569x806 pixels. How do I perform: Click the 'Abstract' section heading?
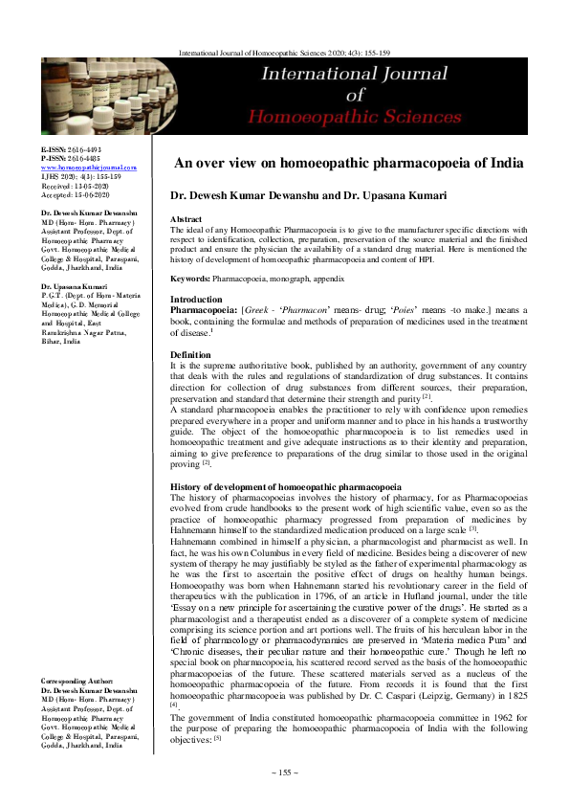pos(186,219)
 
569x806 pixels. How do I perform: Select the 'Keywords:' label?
pos(190,279)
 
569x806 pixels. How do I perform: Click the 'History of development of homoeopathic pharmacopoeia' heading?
pos(285,487)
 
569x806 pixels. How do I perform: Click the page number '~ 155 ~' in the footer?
pos(285,772)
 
